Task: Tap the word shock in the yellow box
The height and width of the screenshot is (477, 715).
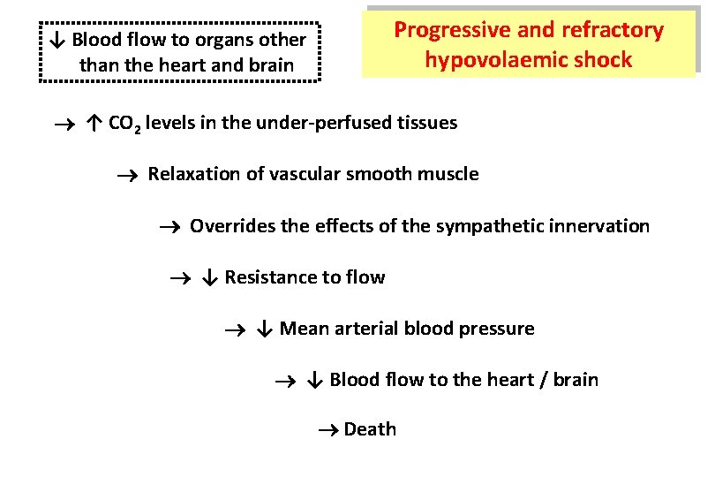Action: pos(602,60)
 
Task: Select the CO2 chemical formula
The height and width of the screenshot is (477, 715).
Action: pos(124,124)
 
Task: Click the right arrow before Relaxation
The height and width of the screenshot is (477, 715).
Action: pos(129,175)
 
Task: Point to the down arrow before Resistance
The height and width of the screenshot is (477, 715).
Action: pos(209,277)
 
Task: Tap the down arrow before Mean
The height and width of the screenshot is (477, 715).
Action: pos(265,329)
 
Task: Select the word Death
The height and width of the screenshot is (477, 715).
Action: pos(370,429)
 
